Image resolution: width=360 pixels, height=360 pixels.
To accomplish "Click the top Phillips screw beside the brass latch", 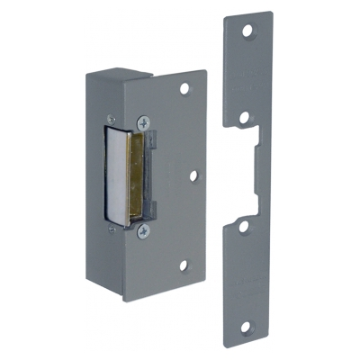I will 143,121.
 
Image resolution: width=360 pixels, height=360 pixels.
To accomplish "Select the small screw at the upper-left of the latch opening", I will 110,116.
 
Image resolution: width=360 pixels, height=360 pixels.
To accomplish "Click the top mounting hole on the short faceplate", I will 186,90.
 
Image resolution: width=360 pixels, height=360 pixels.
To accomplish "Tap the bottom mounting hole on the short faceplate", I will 185,265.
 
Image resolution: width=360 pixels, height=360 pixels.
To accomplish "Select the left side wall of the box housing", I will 100,180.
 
